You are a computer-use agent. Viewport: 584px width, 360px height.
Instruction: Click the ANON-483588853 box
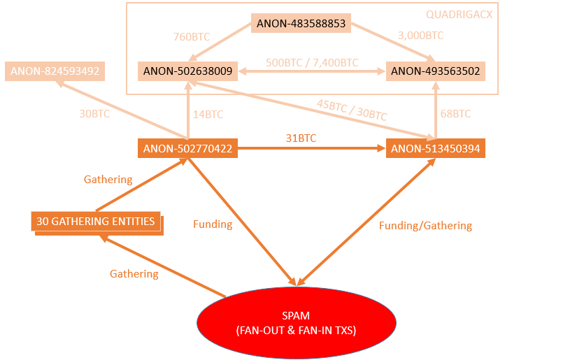pos(301,23)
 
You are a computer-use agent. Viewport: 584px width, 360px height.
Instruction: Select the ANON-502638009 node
pos(187,71)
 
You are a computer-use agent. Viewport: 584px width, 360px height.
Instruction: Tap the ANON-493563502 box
pos(435,71)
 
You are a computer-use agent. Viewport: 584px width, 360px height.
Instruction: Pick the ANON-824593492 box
pos(55,71)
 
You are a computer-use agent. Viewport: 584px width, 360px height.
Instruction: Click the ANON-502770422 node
pos(187,148)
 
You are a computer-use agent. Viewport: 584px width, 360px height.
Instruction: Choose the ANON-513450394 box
pos(435,148)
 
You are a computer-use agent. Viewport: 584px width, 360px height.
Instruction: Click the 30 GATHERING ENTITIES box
pos(95,221)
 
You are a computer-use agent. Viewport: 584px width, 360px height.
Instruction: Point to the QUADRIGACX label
pos(459,14)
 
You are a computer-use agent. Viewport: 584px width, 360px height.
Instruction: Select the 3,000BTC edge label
pos(420,35)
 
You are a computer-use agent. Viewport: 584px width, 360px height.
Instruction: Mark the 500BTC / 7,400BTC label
pos(312,63)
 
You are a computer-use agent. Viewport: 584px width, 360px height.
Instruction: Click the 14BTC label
pos(208,113)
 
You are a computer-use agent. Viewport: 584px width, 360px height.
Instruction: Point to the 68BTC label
pos(456,113)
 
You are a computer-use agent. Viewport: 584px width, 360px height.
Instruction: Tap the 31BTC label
pos(301,138)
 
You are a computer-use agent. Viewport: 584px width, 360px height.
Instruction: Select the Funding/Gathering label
pos(425,225)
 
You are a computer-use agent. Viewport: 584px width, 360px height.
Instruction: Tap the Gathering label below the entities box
pos(134,274)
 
